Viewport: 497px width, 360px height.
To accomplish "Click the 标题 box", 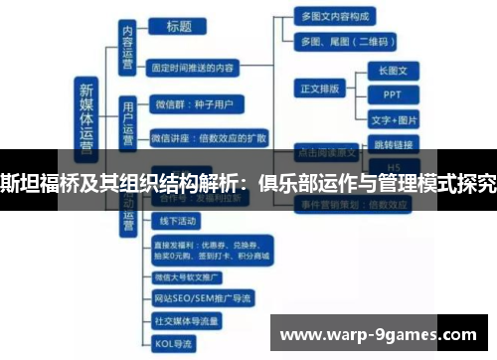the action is [x=179, y=27].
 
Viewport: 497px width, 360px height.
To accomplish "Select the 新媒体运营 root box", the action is [x=87, y=117].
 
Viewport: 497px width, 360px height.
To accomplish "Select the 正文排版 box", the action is [x=321, y=88].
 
